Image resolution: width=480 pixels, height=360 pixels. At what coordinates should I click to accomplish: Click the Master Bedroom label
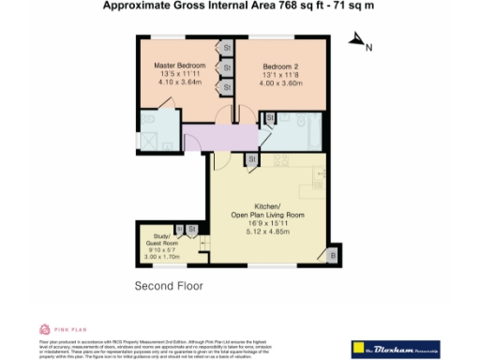[178, 66]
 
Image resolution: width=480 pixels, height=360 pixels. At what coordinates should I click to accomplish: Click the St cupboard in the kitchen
[251, 160]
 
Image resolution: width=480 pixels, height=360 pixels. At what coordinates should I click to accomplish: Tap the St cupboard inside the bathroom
[270, 117]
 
